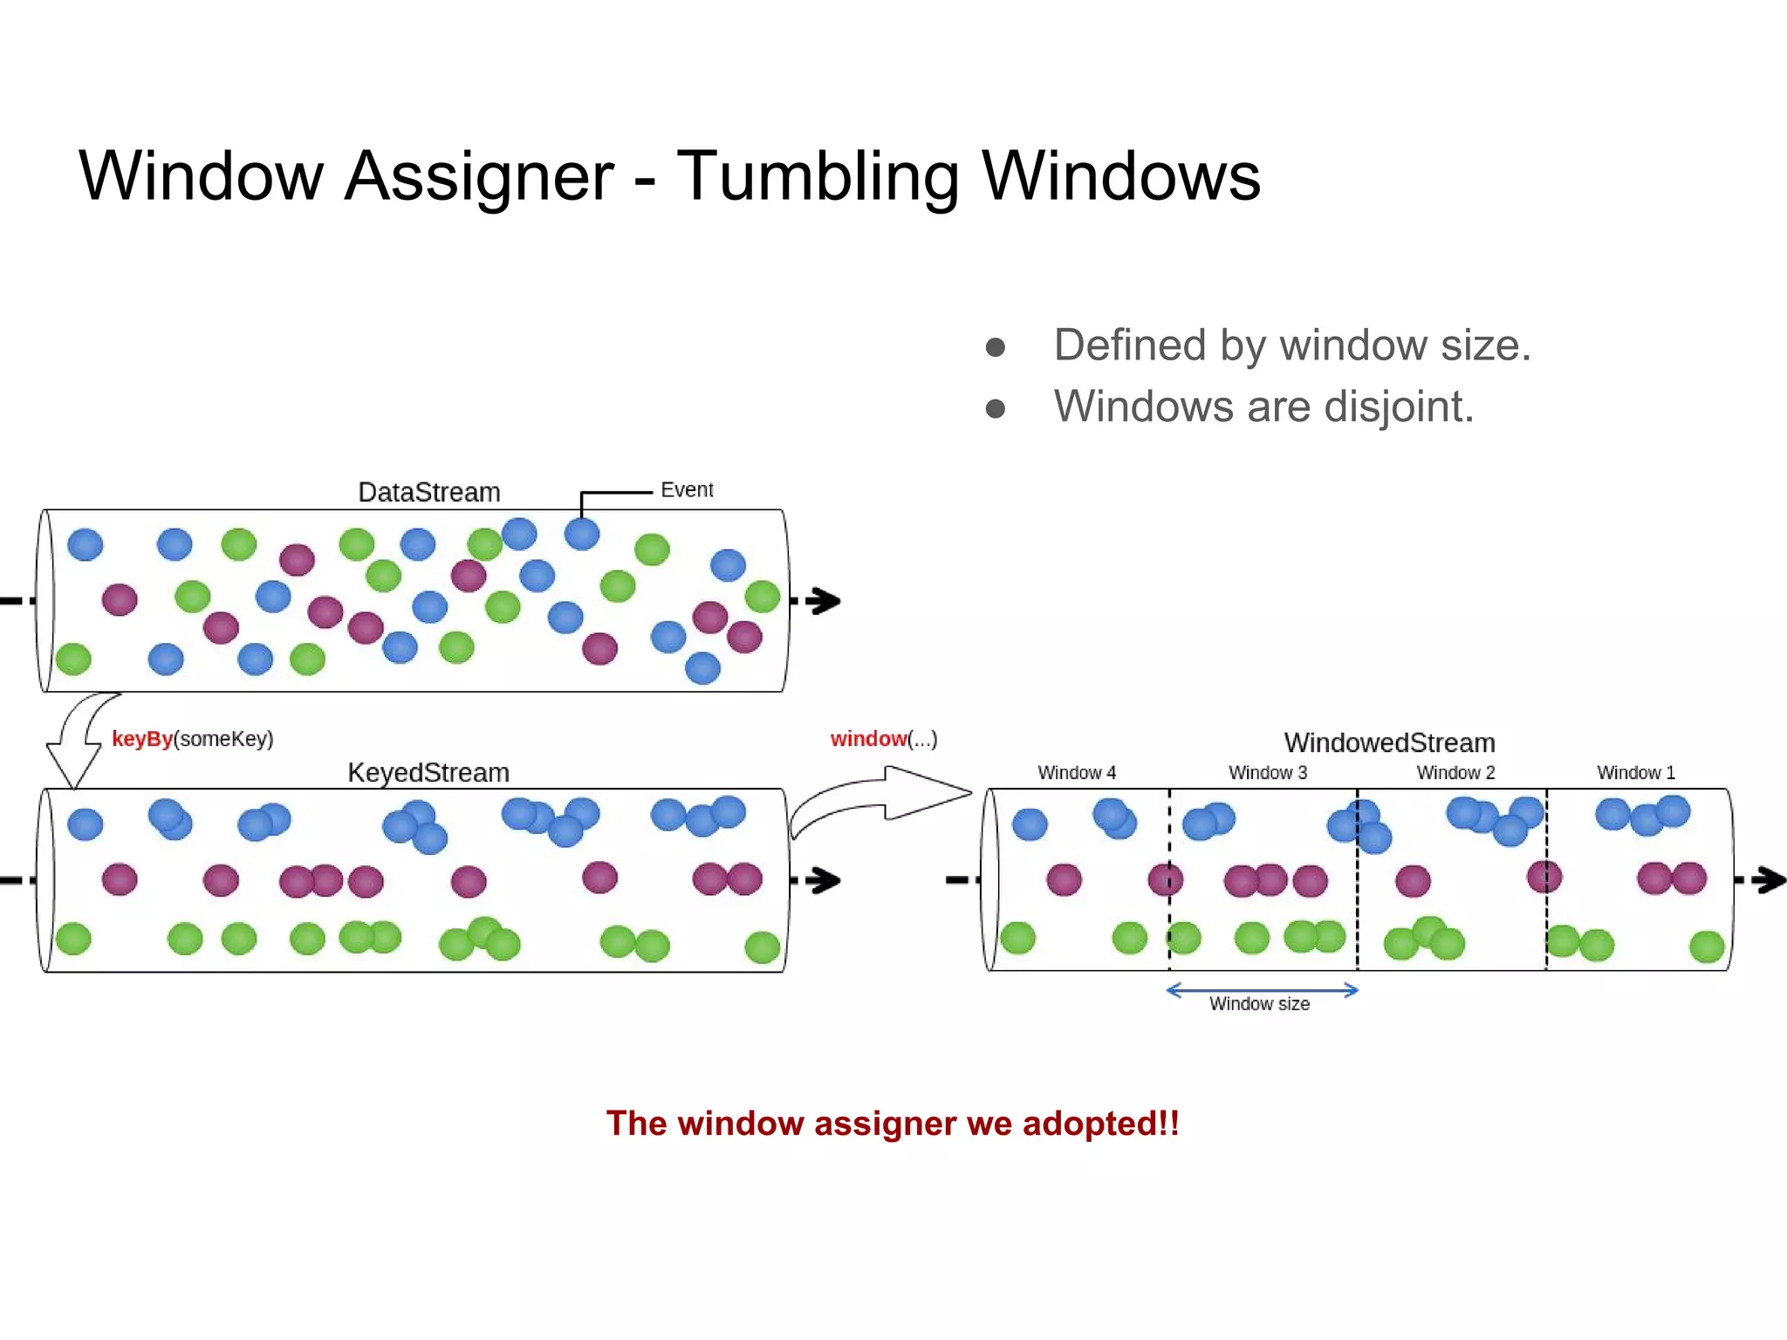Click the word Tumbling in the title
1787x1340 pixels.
[818, 177]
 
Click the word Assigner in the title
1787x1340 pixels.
[479, 177]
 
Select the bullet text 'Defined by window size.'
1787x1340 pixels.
[1291, 345]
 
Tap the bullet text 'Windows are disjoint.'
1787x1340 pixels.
[1263, 407]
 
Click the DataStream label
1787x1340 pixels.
[428, 492]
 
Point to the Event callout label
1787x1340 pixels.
[687, 489]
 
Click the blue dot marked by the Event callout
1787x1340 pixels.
[582, 534]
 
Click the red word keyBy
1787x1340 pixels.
[142, 739]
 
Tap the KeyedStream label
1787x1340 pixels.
[428, 772]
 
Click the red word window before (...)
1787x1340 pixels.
[868, 739]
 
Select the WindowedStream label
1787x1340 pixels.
[1389, 742]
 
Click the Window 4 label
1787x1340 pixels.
[1077, 773]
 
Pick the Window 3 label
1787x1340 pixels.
[1268, 773]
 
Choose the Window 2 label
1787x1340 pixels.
[1455, 773]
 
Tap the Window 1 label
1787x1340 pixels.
[1636, 773]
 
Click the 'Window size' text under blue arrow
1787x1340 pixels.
[1259, 1004]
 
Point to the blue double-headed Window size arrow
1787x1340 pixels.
[1263, 989]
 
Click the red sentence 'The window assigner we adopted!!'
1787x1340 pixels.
[893, 1124]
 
